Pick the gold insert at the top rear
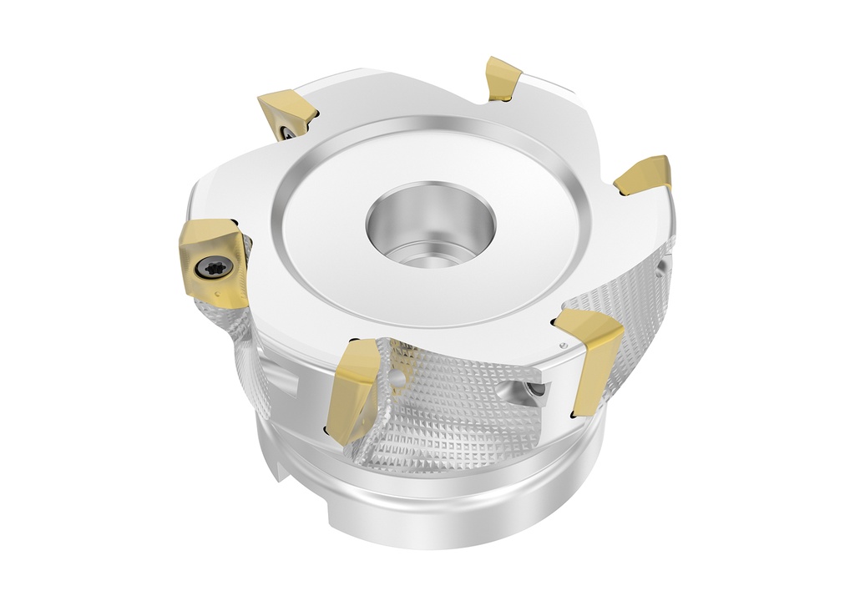(503, 78)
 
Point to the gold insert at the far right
(644, 174)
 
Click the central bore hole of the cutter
(431, 221)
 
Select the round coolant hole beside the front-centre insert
(398, 378)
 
